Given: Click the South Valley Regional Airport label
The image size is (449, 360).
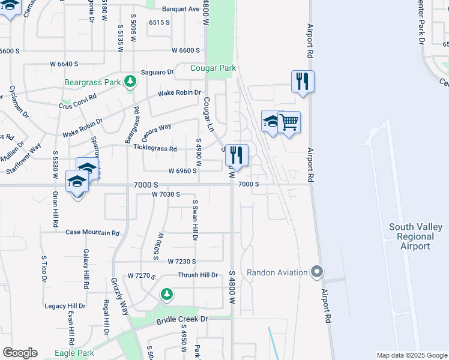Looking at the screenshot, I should [415, 236].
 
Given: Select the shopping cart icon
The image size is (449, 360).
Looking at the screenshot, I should [289, 122].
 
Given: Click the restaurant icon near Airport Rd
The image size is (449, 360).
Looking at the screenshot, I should [303, 81].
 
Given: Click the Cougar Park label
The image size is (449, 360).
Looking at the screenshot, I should [213, 68].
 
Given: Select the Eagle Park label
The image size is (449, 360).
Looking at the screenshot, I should [73, 353].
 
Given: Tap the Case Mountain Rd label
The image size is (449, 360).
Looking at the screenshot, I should [92, 232].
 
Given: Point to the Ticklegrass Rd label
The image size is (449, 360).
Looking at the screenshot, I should [155, 148].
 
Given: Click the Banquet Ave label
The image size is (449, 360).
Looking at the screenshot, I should [181, 9].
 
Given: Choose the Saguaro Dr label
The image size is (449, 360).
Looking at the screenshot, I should [157, 73].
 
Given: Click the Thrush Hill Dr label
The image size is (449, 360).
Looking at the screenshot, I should [197, 275].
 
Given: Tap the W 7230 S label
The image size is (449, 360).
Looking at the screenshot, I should [182, 262].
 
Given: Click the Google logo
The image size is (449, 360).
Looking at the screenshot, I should [20, 353].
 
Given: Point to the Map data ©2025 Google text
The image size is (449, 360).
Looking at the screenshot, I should [411, 355].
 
